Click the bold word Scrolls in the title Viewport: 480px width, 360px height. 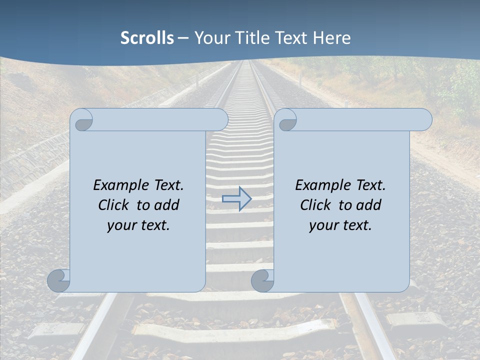(147, 38)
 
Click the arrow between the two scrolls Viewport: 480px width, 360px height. (237, 198)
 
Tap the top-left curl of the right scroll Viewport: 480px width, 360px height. (287, 120)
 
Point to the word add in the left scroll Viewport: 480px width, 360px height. (166, 205)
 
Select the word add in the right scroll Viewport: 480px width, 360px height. (368, 205)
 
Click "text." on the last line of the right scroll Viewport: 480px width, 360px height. (356, 225)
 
